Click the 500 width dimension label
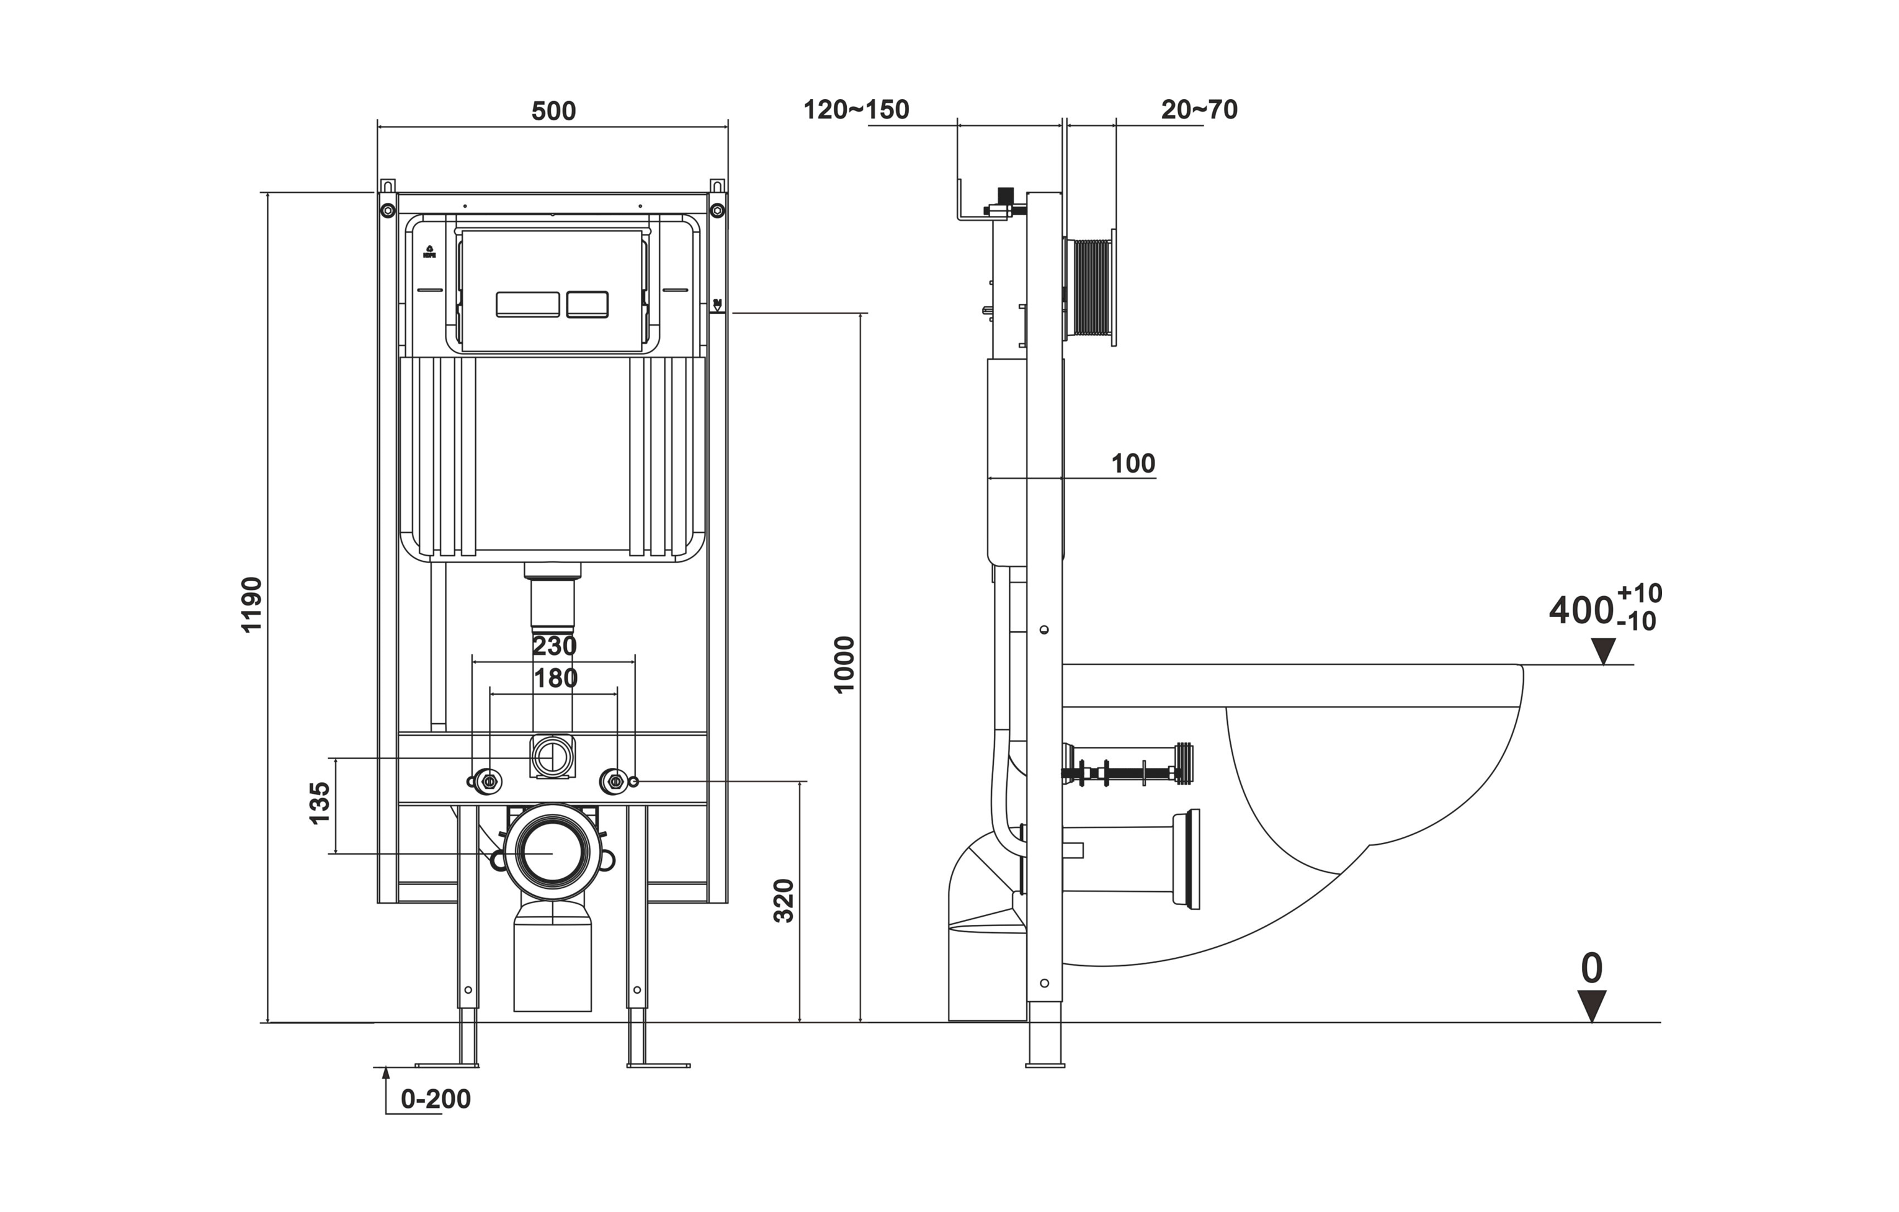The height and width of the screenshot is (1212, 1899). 553,111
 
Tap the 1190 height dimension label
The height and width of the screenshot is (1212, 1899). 252,604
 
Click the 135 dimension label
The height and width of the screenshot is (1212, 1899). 319,803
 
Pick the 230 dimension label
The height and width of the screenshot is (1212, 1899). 555,646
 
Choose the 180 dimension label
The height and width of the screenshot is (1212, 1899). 556,677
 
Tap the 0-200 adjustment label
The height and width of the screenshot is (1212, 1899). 436,1099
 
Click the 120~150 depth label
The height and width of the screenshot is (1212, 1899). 857,110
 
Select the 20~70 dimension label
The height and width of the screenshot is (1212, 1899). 1199,110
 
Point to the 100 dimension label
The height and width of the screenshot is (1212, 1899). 1133,464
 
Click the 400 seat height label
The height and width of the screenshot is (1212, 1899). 1580,610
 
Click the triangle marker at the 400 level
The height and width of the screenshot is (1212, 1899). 1602,651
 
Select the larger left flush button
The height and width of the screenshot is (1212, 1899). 527,305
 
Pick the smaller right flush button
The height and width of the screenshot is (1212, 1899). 588,305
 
